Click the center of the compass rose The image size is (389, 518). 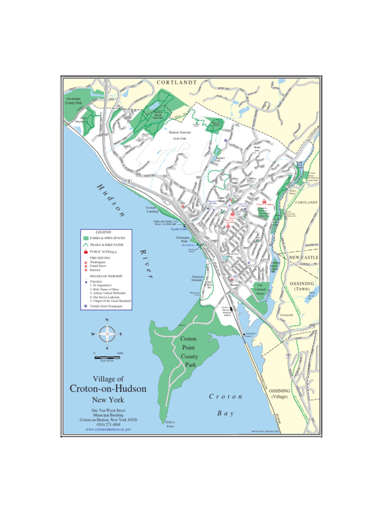tap(107, 334)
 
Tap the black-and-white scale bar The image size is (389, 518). tap(107, 358)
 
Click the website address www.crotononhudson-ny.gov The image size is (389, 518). tap(108, 429)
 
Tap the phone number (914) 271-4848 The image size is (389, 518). tap(108, 424)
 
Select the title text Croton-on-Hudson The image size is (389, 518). tap(108, 388)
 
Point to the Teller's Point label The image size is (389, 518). tap(170, 424)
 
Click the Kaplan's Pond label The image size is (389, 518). tap(220, 159)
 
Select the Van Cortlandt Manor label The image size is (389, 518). tap(260, 289)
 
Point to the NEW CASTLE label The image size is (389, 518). tap(304, 257)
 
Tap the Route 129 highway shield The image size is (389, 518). tap(261, 180)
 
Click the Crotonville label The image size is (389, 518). tap(287, 315)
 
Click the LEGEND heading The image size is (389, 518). tap(103, 232)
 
